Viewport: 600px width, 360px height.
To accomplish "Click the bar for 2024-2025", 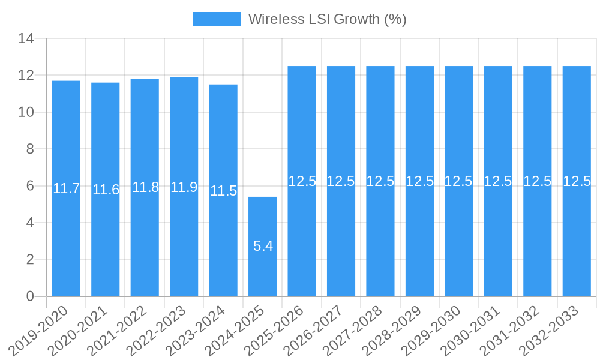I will click(263, 246).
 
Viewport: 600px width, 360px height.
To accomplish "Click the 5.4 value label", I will click(263, 246).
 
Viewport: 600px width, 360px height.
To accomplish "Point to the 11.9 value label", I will click(184, 187).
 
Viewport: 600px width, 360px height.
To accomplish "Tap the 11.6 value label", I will click(106, 190).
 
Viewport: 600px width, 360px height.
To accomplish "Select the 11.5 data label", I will click(223, 191).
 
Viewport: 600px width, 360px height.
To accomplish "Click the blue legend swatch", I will click(217, 19).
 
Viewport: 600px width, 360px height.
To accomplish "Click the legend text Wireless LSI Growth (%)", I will click(327, 19).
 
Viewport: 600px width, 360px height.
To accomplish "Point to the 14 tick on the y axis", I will click(26, 39).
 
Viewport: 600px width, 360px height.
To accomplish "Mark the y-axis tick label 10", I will click(26, 112).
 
